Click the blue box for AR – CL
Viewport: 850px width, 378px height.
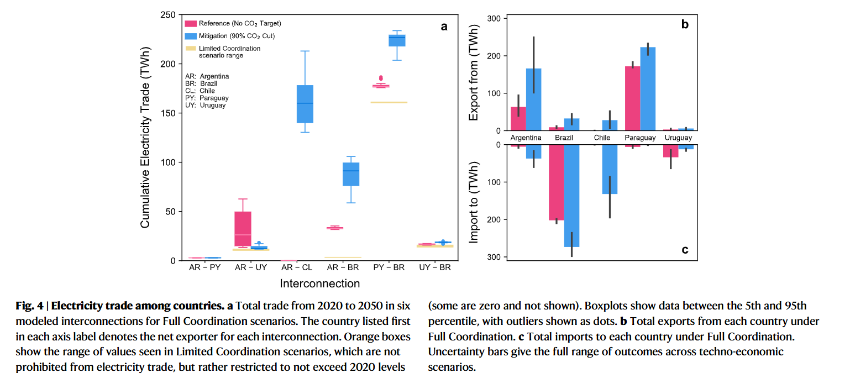coord(305,104)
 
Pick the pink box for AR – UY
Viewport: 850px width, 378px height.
coord(243,229)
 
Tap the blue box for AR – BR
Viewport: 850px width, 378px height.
coord(351,174)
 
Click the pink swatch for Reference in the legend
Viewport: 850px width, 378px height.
coord(190,23)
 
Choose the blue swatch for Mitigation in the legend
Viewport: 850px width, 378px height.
coord(190,36)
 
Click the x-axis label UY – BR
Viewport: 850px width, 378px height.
coord(435,267)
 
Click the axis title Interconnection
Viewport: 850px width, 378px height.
coord(319,284)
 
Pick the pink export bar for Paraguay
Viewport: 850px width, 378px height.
coord(632,98)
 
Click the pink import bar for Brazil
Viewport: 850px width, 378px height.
coord(556,182)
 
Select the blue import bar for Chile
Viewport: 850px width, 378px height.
coord(610,169)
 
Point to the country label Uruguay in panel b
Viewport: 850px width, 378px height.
coord(678,138)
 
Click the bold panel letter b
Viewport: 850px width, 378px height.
coord(684,24)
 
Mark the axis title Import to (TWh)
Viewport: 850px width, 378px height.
coord(474,203)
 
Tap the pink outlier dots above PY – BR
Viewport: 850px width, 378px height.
coord(380,78)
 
